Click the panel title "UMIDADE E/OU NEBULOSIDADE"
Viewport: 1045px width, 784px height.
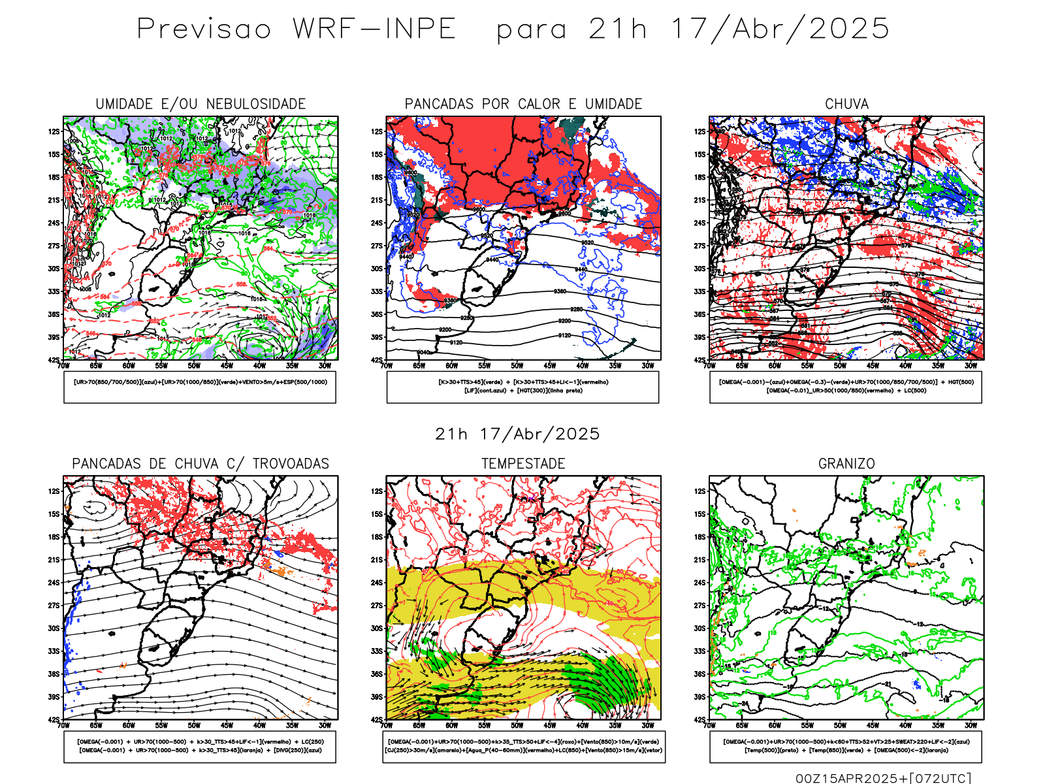coord(201,104)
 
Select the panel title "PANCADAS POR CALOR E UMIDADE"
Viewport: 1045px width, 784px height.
coord(523,104)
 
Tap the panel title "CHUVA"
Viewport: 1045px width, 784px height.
coord(846,104)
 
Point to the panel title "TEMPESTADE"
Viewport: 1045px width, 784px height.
coord(523,464)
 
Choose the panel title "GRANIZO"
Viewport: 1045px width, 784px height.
coord(846,464)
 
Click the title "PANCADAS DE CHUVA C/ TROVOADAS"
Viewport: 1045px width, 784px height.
coord(201,464)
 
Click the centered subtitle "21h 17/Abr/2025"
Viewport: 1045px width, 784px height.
coord(517,434)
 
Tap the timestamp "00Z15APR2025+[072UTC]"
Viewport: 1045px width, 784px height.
coord(883,777)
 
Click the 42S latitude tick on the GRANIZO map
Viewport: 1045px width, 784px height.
coord(699,719)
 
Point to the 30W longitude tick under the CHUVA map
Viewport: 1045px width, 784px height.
coord(971,366)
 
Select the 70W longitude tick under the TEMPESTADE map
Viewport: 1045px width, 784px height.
coord(387,725)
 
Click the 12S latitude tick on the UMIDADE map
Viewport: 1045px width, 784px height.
coord(54,131)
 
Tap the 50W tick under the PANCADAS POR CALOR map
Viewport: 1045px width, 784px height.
coord(517,366)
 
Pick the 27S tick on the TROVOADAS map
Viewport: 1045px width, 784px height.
coord(54,605)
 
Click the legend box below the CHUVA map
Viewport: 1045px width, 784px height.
coord(846,387)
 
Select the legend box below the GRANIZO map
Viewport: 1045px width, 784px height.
coord(846,746)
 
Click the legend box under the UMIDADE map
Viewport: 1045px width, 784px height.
coord(200,387)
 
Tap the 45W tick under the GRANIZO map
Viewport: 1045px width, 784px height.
coord(873,725)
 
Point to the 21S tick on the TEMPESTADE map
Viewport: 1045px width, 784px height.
coord(377,559)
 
